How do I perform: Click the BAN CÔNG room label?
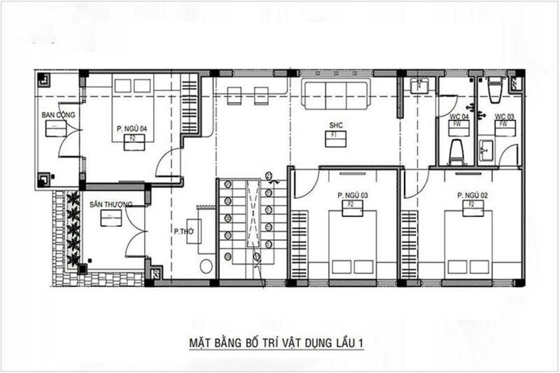click(58, 115)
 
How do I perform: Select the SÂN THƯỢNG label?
click(111, 204)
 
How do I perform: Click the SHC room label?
click(336, 125)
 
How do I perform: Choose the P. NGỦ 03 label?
click(353, 195)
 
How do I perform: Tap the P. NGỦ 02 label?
click(472, 195)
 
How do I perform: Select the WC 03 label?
click(504, 116)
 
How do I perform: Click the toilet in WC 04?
click(457, 152)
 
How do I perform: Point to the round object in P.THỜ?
click(206, 266)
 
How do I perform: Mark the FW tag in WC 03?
click(504, 124)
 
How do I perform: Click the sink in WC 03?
click(487, 150)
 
